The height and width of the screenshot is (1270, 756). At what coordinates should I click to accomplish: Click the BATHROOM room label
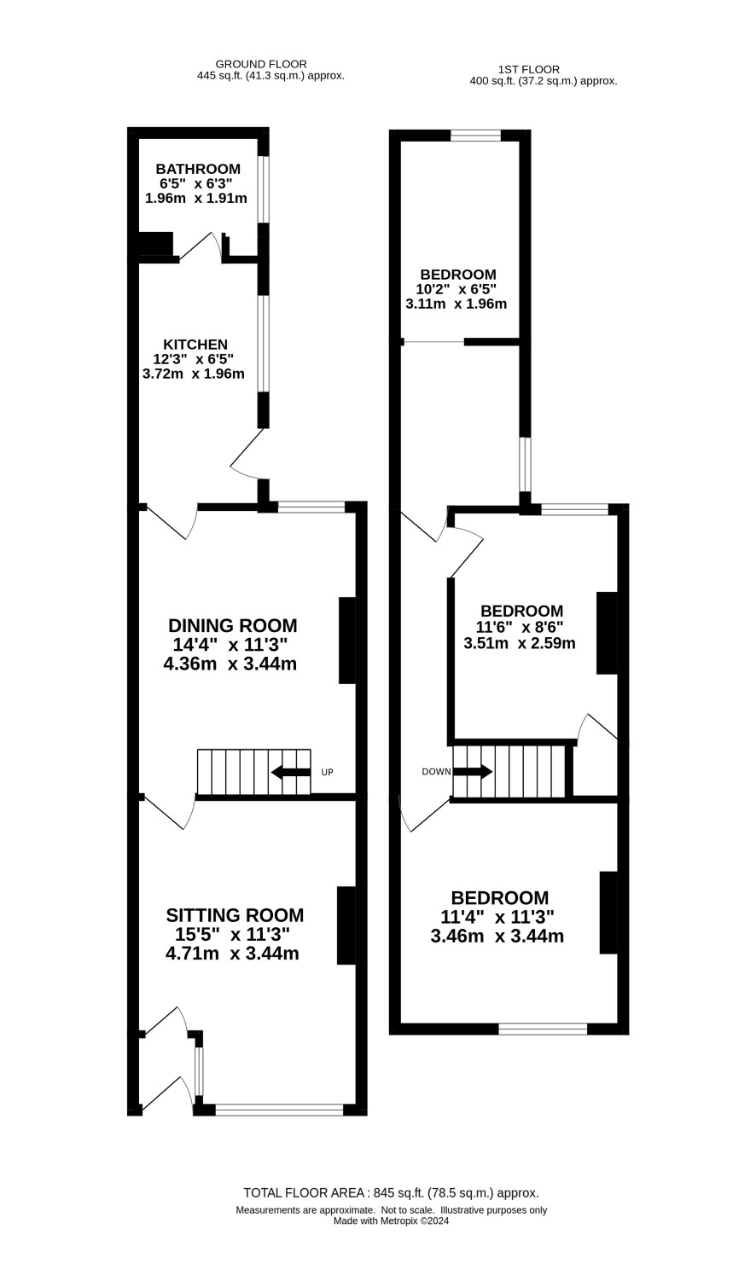tap(198, 169)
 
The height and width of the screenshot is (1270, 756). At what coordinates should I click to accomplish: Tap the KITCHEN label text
tap(195, 344)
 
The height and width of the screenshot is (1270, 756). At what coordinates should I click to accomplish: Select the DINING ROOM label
tap(233, 625)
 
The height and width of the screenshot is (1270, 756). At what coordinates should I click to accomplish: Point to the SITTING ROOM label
tap(235, 915)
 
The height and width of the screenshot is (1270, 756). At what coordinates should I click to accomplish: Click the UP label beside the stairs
tap(328, 772)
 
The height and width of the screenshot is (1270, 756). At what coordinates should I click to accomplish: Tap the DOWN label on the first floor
tap(436, 772)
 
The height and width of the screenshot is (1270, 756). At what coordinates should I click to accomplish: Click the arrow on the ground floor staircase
tap(291, 772)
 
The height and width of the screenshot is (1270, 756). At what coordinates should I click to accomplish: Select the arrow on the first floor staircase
tap(473, 772)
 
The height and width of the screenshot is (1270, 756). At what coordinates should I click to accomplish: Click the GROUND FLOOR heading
tap(261, 65)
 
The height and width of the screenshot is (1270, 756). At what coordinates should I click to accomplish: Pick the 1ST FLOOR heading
tap(528, 70)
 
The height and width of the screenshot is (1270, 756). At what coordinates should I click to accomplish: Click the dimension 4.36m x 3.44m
tap(230, 664)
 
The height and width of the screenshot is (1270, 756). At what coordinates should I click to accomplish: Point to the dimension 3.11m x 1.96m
tap(456, 304)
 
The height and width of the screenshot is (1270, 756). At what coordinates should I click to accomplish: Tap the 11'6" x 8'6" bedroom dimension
tap(520, 627)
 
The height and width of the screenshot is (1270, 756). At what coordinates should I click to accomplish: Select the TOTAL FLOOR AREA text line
tap(392, 1191)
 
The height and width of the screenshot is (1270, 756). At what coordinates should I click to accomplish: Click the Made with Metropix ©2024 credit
tap(391, 1221)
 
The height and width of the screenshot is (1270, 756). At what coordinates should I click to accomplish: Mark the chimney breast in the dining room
tap(347, 640)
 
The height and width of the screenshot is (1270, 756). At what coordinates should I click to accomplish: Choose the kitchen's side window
tap(263, 343)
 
